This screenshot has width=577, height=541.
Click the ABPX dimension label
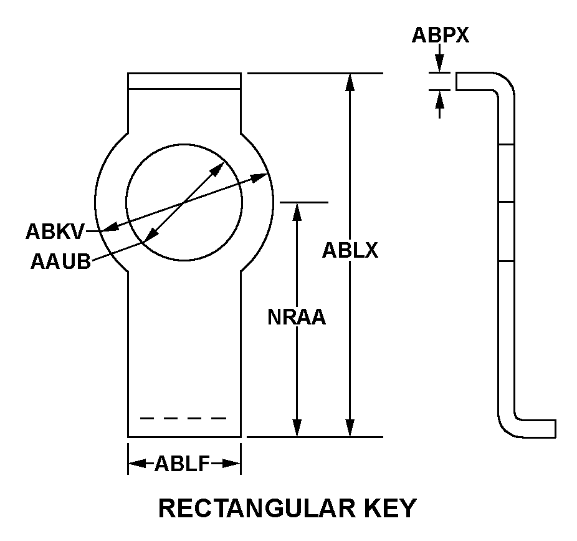coord(440,36)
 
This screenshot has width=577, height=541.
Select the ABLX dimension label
coord(350,251)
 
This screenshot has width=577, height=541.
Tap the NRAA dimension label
coord(297,318)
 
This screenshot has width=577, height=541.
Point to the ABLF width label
coord(183,464)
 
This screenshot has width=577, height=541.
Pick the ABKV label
coord(54,232)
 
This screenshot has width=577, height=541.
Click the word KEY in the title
coord(388,509)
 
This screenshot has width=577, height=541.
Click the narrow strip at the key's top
coord(184,81)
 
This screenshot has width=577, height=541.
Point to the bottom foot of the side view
coord(536,429)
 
